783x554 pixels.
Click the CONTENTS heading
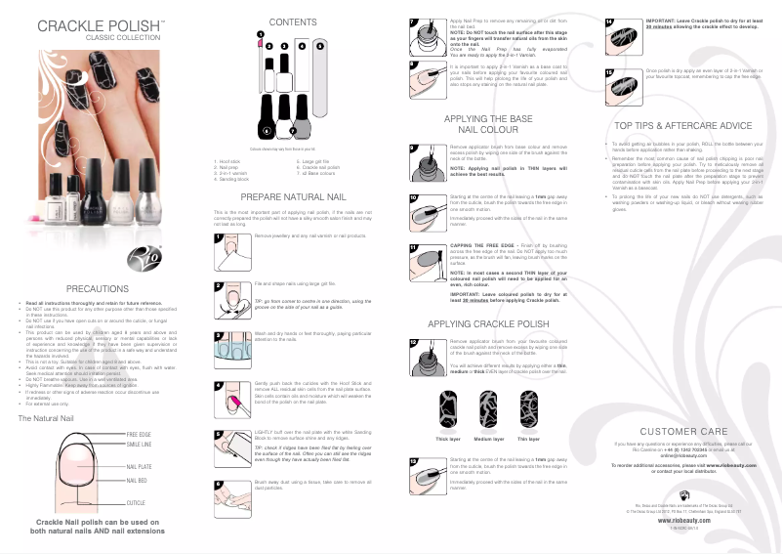click(292, 21)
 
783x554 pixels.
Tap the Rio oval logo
click(143, 260)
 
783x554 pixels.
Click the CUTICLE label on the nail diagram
click(137, 502)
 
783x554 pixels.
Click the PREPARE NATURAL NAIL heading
click(292, 197)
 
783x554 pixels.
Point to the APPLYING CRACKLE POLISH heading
click(487, 322)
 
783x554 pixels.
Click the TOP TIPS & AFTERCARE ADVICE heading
click(682, 126)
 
